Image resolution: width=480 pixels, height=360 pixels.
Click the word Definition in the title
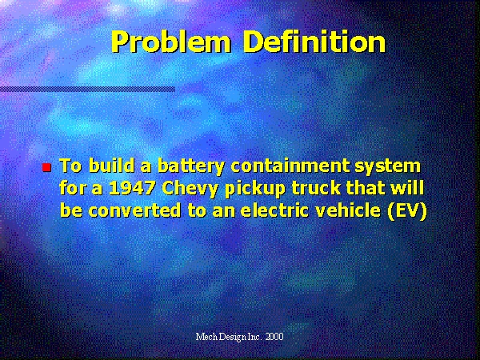point(315,42)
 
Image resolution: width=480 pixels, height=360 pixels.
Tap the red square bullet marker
point(46,167)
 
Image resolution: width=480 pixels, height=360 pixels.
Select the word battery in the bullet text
point(191,166)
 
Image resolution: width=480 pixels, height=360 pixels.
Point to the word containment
point(290,166)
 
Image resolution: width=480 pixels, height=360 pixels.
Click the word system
point(387,167)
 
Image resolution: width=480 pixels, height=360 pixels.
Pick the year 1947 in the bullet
point(132,188)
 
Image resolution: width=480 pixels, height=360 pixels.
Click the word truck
point(316,188)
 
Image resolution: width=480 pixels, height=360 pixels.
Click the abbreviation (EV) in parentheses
point(407,211)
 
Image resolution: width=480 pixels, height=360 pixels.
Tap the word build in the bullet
point(112,166)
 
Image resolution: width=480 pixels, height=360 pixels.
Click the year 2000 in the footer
point(274,337)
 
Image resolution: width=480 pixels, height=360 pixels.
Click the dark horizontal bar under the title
point(87,89)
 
